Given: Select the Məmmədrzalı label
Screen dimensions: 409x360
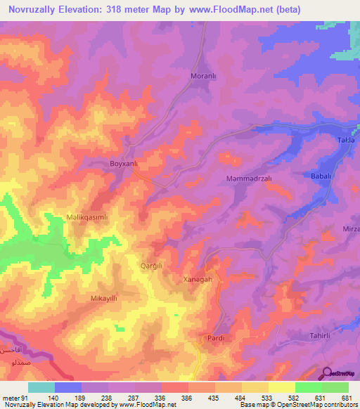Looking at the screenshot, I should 249,178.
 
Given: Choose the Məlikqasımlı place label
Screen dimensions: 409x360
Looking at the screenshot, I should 86,218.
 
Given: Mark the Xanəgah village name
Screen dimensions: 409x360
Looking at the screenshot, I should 198,279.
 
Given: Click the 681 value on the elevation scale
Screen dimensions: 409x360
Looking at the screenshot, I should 344,397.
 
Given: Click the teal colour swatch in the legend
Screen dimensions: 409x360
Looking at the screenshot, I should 41,387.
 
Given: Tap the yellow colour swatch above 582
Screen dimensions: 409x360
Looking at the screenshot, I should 281,387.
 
